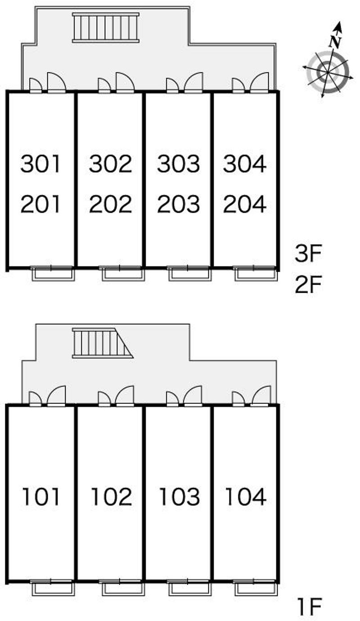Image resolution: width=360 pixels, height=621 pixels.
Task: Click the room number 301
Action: (40, 164)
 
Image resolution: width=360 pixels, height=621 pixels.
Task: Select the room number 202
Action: (110, 204)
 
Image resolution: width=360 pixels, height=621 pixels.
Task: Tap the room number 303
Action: (178, 164)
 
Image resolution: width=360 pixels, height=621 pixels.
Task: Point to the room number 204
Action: (245, 204)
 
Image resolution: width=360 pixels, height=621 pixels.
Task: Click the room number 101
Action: (41, 496)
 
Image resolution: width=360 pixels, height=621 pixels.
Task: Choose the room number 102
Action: (112, 496)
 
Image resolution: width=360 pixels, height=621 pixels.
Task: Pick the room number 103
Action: (180, 496)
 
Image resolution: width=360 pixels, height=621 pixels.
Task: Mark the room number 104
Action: (246, 496)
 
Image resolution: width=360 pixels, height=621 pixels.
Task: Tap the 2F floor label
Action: (308, 285)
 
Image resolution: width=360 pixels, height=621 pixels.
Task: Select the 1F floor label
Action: (309, 607)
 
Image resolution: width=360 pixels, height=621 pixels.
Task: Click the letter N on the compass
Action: (335, 42)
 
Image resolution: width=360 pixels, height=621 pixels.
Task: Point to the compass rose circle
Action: (328, 71)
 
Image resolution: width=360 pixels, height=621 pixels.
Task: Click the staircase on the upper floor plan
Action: (106, 28)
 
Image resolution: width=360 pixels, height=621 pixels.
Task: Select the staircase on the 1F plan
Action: (103, 343)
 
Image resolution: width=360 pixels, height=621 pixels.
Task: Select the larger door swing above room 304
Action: (260, 82)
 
